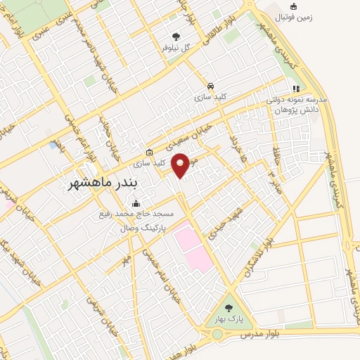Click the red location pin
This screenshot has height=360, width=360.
(181, 165)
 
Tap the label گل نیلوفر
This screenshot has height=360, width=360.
(176, 48)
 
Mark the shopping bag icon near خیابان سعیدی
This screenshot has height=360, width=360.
(148, 152)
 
